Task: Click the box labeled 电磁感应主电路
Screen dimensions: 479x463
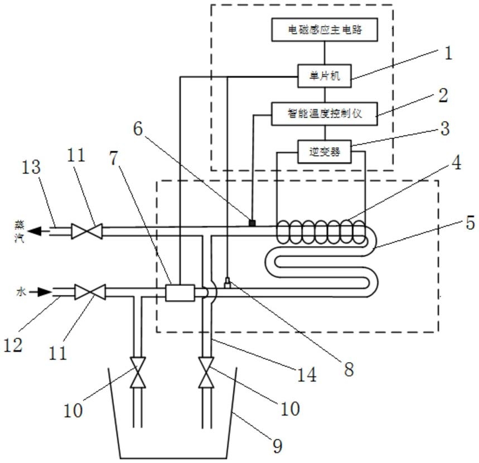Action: (x=325, y=30)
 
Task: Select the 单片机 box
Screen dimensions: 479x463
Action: (x=325, y=76)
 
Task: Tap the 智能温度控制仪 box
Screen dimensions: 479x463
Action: (x=325, y=114)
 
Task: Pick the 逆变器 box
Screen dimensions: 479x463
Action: (x=325, y=152)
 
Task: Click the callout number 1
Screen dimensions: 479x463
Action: (x=448, y=53)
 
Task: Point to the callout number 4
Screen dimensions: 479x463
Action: (x=456, y=162)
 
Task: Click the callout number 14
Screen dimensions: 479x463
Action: (x=307, y=375)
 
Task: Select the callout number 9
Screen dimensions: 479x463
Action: (x=277, y=446)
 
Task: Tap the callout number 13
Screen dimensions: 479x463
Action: (x=31, y=167)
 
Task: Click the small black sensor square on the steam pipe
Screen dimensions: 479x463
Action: (x=252, y=223)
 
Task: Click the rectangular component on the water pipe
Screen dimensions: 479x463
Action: (x=180, y=293)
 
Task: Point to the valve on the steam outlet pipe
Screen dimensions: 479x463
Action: (x=87, y=231)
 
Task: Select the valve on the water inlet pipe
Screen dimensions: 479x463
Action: (x=90, y=292)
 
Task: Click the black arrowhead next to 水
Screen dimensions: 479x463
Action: (x=45, y=292)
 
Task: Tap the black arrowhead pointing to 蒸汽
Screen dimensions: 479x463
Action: (x=35, y=231)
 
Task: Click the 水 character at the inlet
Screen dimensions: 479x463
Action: (x=21, y=292)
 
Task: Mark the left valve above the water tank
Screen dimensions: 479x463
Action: (x=138, y=372)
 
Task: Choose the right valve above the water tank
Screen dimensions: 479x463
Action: (x=206, y=372)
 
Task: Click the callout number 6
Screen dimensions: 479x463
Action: (x=138, y=129)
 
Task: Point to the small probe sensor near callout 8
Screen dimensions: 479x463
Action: (x=228, y=282)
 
